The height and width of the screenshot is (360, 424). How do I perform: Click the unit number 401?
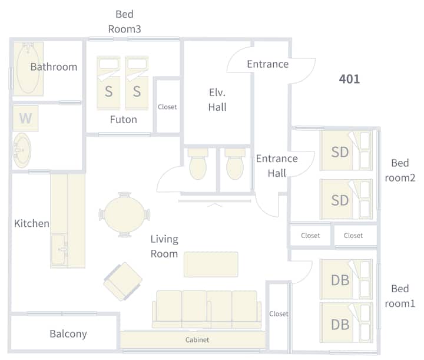click(x=349, y=80)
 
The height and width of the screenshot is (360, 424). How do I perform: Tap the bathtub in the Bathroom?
click(x=28, y=68)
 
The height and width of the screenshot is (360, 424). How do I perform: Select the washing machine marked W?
click(x=25, y=118)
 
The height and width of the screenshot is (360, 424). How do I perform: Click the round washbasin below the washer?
click(x=22, y=150)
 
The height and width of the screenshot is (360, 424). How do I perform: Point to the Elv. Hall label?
click(x=217, y=100)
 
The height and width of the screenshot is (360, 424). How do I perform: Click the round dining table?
click(x=124, y=214)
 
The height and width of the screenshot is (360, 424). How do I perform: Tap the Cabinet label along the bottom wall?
click(x=197, y=340)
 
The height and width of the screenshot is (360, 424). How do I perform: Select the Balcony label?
click(x=68, y=334)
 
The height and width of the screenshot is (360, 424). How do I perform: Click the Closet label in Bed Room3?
click(x=167, y=107)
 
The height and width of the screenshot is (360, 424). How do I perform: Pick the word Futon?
click(x=124, y=120)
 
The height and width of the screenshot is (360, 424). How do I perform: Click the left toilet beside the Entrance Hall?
click(x=198, y=163)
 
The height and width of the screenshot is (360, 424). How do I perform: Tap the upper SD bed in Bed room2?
click(x=346, y=151)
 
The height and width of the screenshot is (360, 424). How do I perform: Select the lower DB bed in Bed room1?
click(x=346, y=323)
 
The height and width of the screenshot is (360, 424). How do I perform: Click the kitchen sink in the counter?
click(x=59, y=249)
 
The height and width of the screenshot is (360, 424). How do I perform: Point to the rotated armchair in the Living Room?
click(x=123, y=281)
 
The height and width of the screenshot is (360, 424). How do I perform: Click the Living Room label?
click(x=164, y=246)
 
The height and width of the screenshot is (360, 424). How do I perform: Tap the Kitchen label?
click(x=32, y=223)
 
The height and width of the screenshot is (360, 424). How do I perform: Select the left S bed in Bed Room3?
click(x=108, y=82)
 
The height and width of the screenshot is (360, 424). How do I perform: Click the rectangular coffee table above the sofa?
click(x=211, y=264)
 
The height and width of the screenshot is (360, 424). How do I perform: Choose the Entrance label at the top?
click(x=268, y=64)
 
